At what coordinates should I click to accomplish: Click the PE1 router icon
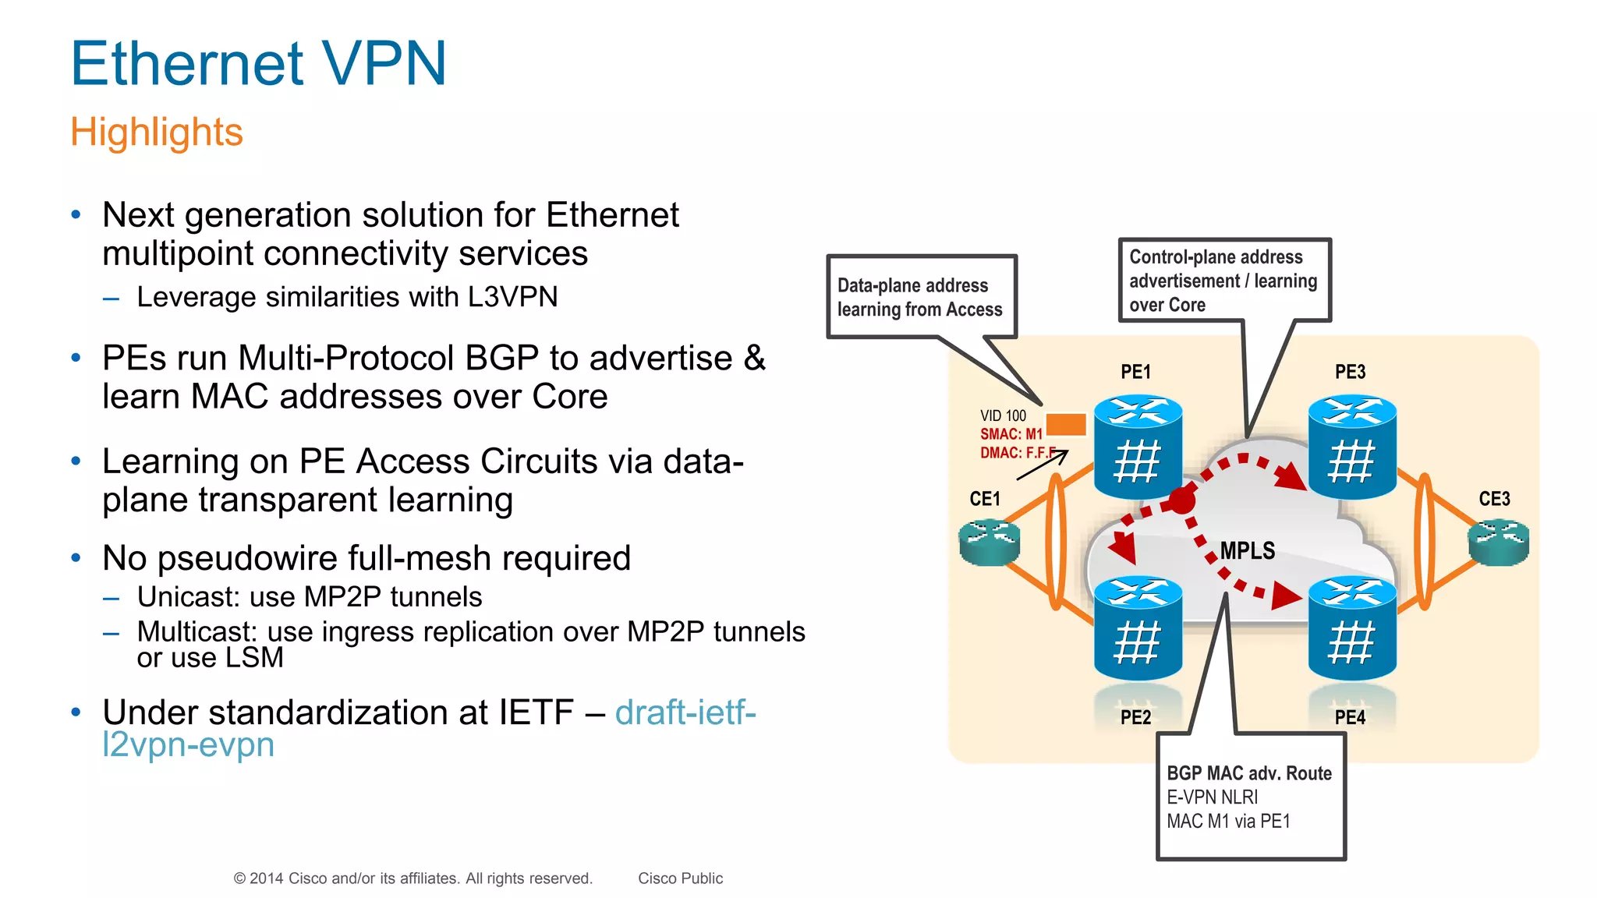pyautogui.click(x=1138, y=447)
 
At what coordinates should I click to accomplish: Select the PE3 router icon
pyautogui.click(x=1352, y=447)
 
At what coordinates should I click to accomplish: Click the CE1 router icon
pyautogui.click(x=990, y=542)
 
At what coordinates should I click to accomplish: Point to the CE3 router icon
pyautogui.click(x=1498, y=542)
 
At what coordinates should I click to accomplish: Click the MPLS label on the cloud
pyautogui.click(x=1248, y=551)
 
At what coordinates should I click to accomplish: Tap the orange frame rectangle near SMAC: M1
pyautogui.click(x=1065, y=424)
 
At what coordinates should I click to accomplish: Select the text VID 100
pyautogui.click(x=1003, y=415)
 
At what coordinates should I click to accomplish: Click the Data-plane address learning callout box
pyautogui.click(x=921, y=297)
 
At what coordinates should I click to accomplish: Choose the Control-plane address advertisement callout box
pyautogui.click(x=1223, y=280)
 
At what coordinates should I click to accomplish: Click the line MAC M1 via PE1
pyautogui.click(x=1228, y=821)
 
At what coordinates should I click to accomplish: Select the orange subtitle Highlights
pyautogui.click(x=157, y=132)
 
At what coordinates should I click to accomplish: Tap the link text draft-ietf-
pyautogui.click(x=685, y=712)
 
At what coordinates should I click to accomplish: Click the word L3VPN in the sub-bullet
pyautogui.click(x=512, y=297)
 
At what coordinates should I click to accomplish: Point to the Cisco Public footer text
pyautogui.click(x=680, y=879)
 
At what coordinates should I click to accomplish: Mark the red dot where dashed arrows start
pyautogui.click(x=1182, y=500)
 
